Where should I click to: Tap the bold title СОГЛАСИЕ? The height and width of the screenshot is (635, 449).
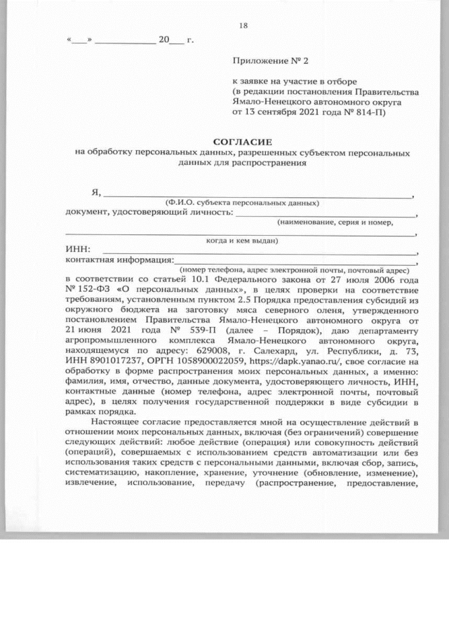[243, 141]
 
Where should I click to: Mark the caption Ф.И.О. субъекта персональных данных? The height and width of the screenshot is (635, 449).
[238, 202]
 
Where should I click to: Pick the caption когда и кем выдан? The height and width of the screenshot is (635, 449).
[241, 239]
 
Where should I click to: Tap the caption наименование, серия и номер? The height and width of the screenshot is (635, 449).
[334, 221]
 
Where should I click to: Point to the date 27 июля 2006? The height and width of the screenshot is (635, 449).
[361, 278]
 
